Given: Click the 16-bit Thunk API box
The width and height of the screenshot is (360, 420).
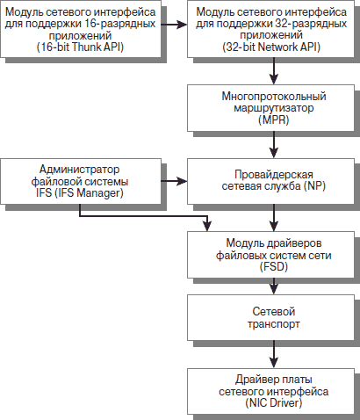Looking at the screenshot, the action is [81, 29].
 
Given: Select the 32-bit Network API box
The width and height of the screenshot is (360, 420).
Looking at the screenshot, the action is [270, 29].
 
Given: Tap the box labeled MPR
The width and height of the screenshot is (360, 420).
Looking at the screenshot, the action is [270, 108].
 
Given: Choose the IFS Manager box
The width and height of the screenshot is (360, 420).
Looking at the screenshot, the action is [81, 181].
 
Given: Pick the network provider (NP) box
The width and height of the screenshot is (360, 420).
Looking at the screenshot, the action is [270, 181].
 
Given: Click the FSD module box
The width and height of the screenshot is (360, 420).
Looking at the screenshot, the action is [270, 255].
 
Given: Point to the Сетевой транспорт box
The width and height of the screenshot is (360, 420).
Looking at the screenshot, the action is [270, 317].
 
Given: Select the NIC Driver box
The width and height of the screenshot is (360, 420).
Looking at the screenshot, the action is [270, 391].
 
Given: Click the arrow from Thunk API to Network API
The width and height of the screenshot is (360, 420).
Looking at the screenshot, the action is [174, 25].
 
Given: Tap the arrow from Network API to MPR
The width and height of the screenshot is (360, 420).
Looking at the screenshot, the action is [274, 71].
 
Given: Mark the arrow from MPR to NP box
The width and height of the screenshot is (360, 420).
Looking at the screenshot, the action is [274, 145].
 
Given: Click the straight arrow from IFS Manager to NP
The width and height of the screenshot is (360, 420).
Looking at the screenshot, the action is [174, 181].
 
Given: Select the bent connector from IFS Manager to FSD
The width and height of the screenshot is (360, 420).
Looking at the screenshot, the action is [143, 216].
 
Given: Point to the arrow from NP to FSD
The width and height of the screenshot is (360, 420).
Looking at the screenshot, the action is [274, 218].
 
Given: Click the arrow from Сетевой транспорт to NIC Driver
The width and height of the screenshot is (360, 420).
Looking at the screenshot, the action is [274, 354].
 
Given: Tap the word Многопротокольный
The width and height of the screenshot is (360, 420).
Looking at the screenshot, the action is [274, 97].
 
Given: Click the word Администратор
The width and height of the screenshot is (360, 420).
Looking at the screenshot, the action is [80, 170].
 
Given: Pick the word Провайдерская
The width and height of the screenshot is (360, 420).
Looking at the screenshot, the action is [274, 175].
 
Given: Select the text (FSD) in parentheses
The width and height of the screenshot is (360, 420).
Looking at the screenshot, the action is [274, 267].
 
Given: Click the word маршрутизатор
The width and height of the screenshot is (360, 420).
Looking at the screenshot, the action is [274, 108].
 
